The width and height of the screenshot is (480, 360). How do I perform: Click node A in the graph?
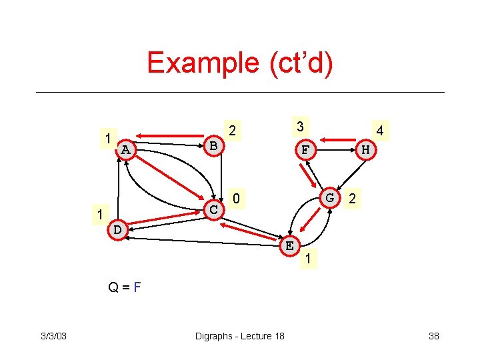pos(126,150)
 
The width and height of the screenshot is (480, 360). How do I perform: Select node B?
pos(213,145)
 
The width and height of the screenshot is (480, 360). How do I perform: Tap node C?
pos(214,210)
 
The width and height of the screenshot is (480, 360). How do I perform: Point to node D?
pos(117,229)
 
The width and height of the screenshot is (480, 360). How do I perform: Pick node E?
pos(289,245)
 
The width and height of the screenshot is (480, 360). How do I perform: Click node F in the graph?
pos(305,150)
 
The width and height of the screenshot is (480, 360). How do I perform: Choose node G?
pos(329,198)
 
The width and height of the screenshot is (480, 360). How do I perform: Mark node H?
pos(365,150)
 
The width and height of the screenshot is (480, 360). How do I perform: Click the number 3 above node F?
pos(301,127)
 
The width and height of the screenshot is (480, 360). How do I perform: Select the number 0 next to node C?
pos(236,199)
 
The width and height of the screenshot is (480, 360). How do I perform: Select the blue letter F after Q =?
pos(137,288)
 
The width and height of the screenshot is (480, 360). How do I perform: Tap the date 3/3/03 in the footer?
pos(53,335)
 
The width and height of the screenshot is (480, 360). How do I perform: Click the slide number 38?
pos(433,335)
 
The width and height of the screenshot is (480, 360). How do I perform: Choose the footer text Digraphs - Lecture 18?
pos(239,335)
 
